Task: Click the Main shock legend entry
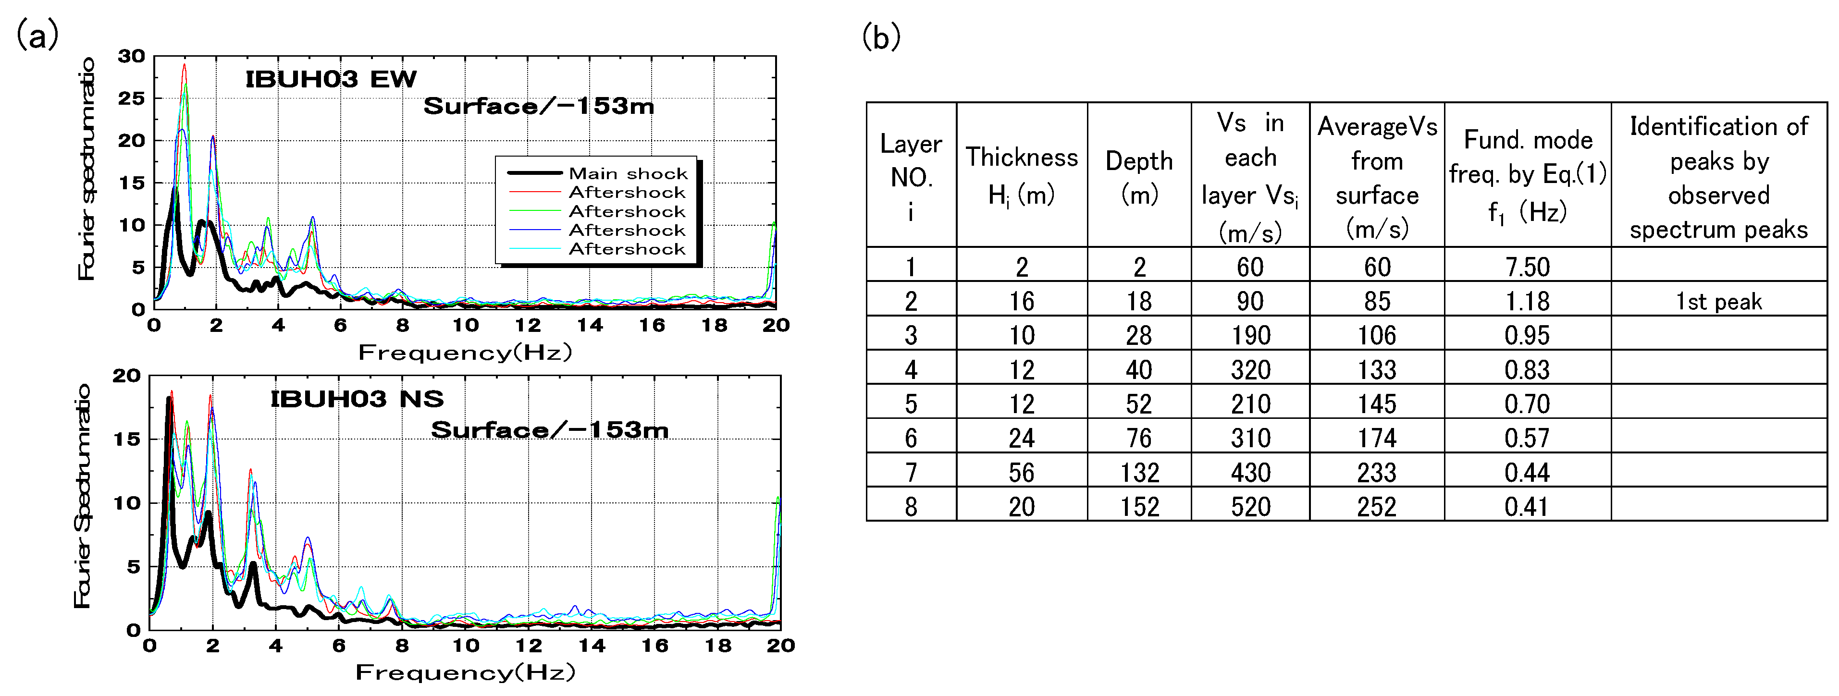628,173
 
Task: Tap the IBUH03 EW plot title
331,79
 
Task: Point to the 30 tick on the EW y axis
131,56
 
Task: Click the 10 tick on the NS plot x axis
466,646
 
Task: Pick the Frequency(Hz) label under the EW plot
465,353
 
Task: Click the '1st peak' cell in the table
1718,301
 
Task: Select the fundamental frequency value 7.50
1527,267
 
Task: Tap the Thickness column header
1022,175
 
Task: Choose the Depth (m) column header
1139,176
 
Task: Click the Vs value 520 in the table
1250,507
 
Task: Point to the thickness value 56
1022,473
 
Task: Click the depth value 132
1139,473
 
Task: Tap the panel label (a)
37,34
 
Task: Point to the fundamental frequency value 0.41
1527,507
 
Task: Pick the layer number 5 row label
911,404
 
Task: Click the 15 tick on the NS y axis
126,439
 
